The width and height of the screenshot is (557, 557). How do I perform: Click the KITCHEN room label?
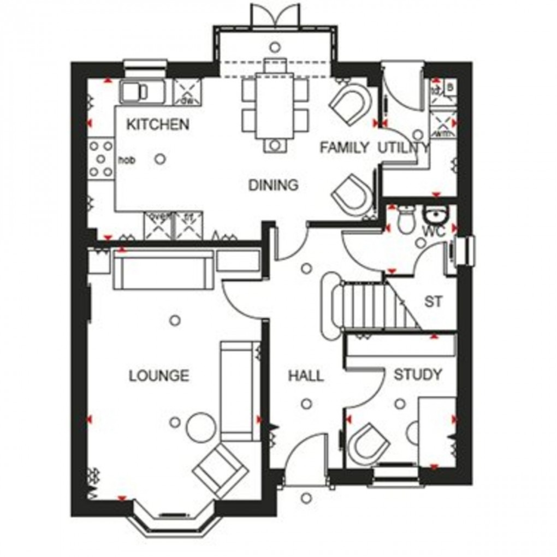coord(158,125)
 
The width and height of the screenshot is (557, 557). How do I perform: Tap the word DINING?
coord(274,185)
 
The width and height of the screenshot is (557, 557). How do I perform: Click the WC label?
coord(434,230)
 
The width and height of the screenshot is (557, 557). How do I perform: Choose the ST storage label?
coord(433,301)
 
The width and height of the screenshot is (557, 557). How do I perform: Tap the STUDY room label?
coord(418,375)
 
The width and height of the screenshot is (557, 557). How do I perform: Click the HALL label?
coord(306,376)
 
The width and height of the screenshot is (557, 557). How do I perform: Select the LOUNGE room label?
coord(159,376)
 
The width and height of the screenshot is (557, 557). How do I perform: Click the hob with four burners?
coord(101,158)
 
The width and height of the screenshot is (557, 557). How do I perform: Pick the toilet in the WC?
coord(406,219)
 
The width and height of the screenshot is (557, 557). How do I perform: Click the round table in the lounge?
coord(200,427)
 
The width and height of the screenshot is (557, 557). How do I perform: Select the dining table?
coord(275,106)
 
